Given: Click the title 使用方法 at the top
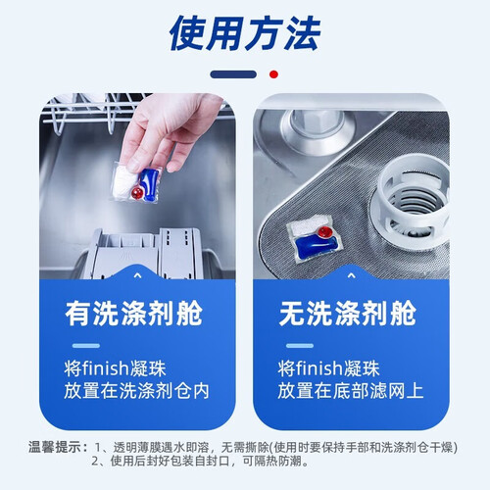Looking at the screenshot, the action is tap(245, 33).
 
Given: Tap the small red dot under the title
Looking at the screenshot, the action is tap(273, 74).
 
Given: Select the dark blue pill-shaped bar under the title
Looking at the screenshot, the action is tap(233, 74).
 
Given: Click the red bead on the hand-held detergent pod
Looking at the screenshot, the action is tap(137, 193).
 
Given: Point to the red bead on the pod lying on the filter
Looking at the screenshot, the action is tap(325, 232).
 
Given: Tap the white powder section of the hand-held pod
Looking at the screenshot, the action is tap(124, 183).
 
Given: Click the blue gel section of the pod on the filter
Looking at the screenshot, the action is tap(316, 246).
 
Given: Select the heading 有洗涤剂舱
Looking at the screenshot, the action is tap(133, 314).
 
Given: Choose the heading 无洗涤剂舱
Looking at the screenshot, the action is tap(348, 314).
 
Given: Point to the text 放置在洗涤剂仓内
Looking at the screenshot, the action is tap(136, 391).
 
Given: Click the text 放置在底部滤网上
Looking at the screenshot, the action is tap(351, 391).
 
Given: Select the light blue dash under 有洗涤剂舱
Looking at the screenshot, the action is tap(86, 346).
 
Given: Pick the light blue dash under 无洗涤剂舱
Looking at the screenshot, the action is tap(300, 346).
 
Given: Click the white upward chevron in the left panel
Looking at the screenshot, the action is tap(137, 276).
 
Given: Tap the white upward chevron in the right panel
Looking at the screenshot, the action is tap(351, 276).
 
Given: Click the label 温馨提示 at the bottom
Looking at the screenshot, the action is tap(55, 447).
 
